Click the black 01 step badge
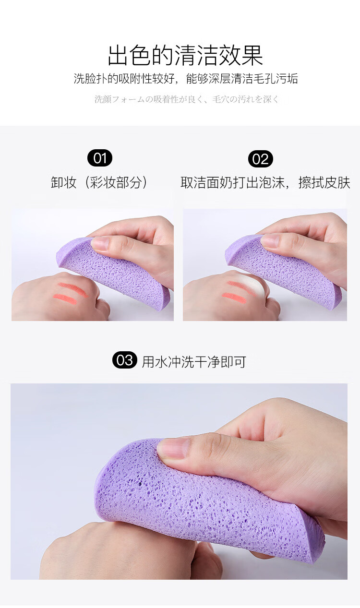(100, 158)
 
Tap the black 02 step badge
(260, 159)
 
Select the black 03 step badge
(125, 360)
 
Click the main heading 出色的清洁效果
(185, 55)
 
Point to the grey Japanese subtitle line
(187, 99)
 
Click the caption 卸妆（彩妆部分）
(100, 182)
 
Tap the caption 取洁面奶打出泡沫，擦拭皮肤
(265, 182)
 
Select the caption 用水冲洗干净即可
(194, 361)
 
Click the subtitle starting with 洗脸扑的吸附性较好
(186, 78)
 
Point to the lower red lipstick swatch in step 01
(65, 298)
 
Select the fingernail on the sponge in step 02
(270, 241)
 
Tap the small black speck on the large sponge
(140, 483)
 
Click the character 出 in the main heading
(118, 55)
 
